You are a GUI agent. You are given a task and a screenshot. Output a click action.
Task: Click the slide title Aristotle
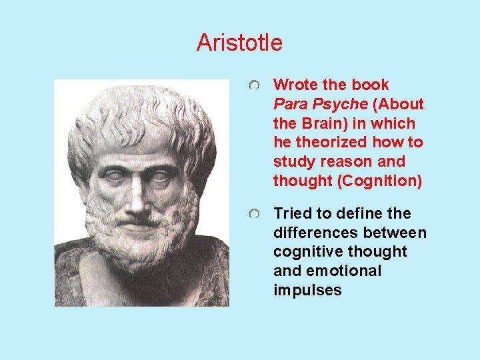[x=239, y=43]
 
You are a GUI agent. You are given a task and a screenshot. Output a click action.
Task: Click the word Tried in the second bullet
[x=289, y=213]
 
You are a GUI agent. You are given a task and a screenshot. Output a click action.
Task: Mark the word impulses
[x=307, y=290]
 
